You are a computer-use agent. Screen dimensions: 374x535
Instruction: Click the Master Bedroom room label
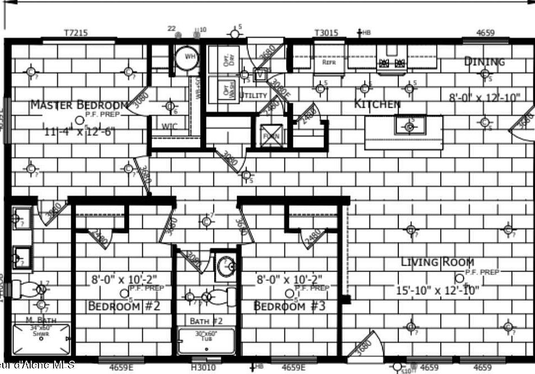[x=79, y=104]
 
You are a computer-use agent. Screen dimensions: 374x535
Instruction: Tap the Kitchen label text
[x=377, y=104]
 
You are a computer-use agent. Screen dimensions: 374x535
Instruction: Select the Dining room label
[x=484, y=61]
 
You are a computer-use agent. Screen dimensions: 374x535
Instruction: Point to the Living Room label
[x=438, y=262]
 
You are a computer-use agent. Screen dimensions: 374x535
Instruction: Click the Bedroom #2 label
[x=124, y=306]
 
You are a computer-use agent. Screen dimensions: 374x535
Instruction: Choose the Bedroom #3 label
[x=289, y=306]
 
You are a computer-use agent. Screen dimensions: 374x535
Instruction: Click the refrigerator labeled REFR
[x=329, y=62]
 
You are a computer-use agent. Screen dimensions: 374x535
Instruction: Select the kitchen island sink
[x=410, y=125]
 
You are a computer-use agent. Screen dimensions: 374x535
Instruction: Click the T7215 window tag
[x=76, y=33]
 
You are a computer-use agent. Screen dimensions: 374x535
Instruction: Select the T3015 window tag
[x=326, y=33]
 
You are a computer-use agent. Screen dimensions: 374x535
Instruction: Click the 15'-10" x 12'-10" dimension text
[x=437, y=290]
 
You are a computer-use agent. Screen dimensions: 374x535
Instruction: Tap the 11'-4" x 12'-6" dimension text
[x=80, y=132]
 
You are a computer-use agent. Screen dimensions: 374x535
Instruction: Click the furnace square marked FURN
[x=271, y=135]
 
